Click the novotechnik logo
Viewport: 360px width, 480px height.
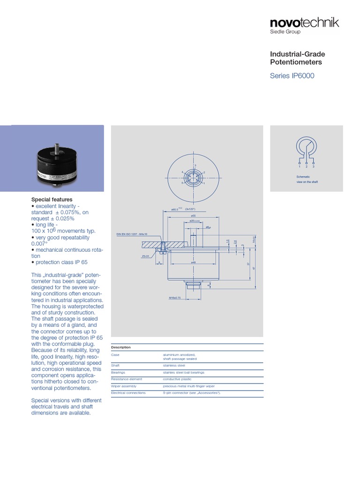304,22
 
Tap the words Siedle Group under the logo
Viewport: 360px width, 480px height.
285,32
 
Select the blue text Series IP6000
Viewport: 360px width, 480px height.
292,76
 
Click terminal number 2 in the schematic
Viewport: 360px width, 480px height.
306,166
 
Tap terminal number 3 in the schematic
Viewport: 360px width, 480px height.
313,166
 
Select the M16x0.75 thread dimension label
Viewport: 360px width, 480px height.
175,298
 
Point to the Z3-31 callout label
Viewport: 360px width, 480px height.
145,256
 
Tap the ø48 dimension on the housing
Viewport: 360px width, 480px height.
193,262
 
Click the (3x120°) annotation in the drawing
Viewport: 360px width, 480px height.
189,209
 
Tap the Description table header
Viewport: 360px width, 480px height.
121,347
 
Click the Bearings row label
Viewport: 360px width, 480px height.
118,372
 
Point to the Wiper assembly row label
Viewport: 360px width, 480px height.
123,386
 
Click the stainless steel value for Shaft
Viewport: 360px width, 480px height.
174,365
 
